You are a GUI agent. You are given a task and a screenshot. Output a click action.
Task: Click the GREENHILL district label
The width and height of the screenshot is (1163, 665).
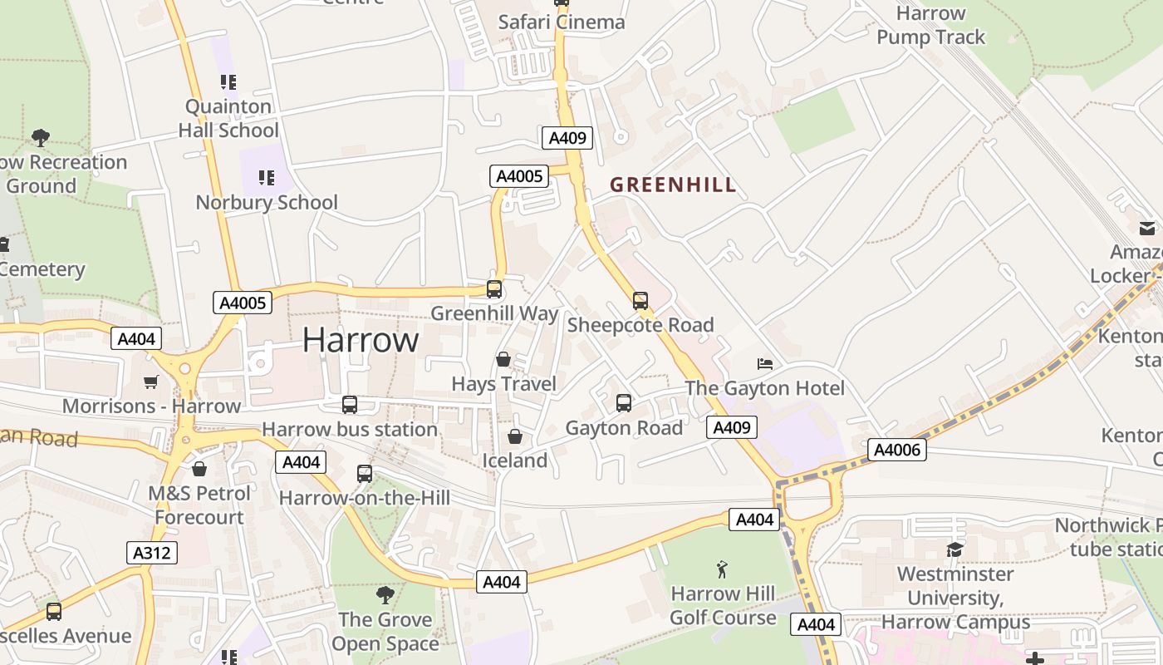click(673, 185)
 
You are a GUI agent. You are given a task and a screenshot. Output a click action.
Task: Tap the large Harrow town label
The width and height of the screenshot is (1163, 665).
click(361, 340)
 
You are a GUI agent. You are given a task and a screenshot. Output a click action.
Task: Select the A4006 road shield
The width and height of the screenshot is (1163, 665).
click(897, 450)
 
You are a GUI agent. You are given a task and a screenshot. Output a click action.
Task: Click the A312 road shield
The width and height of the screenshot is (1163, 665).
click(153, 552)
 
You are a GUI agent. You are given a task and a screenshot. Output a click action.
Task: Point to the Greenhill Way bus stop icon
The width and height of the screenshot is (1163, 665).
click(494, 289)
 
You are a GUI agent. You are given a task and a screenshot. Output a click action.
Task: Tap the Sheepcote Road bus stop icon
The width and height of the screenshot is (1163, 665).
click(640, 301)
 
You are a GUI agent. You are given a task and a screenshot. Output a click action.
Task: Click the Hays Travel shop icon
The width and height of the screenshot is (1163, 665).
click(503, 359)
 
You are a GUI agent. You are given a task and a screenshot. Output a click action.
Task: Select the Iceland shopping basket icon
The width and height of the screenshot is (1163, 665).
click(515, 436)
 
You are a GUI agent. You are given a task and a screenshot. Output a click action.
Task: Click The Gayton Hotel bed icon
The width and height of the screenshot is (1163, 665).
click(765, 364)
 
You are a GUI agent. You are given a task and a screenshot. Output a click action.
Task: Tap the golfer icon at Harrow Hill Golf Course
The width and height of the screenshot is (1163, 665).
click(722, 569)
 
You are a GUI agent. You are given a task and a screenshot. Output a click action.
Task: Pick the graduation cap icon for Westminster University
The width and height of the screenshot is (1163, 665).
click(954, 549)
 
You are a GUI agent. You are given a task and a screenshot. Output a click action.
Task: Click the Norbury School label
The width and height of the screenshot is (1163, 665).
click(267, 202)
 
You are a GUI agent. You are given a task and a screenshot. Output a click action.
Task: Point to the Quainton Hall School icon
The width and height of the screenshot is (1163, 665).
click(228, 81)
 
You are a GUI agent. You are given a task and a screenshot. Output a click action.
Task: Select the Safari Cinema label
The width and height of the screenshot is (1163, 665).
click(562, 22)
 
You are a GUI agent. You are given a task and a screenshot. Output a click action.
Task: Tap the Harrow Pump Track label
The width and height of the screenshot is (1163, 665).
click(930, 25)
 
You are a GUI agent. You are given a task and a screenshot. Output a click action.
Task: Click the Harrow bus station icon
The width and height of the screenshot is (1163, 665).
click(350, 405)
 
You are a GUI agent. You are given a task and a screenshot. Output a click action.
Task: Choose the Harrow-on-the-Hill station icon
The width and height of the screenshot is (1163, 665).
click(364, 474)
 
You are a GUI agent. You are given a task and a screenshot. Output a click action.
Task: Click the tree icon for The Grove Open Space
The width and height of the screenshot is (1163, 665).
click(385, 594)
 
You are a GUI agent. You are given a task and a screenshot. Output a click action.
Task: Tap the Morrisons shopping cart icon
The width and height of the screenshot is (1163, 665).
click(150, 382)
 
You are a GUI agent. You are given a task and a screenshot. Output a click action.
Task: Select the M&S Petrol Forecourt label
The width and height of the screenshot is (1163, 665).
click(199, 505)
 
